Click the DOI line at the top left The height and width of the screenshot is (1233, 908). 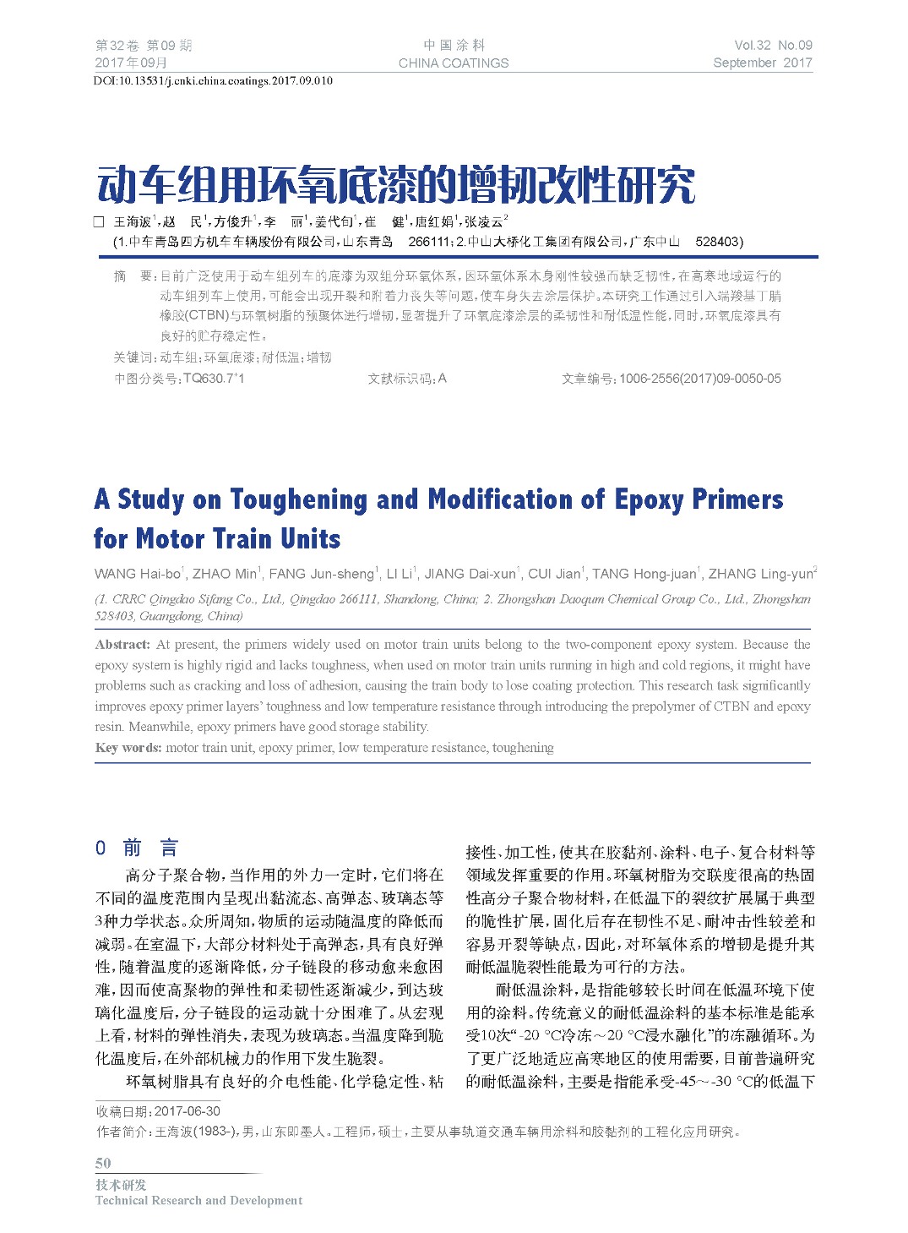[213, 81]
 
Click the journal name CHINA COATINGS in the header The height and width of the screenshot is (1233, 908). [454, 63]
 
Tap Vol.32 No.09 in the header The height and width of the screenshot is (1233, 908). [773, 46]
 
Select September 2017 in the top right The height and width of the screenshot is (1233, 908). [762, 63]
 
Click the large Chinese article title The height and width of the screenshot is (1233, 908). [396, 185]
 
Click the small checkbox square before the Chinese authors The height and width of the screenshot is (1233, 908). [99, 221]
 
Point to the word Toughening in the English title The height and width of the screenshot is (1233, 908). [298, 499]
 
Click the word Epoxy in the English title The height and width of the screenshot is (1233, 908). [649, 499]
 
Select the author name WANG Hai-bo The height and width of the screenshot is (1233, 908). [137, 574]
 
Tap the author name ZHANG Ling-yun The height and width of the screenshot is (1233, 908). [760, 574]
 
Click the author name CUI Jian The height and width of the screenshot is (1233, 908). [554, 574]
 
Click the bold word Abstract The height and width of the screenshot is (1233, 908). [122, 645]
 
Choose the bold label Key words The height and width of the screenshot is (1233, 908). [128, 748]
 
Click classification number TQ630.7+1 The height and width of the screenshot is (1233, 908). [214, 379]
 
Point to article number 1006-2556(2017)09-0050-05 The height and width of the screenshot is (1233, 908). [699, 379]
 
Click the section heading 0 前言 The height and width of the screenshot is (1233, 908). [136, 848]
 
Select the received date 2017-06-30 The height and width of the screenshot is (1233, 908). [187, 1111]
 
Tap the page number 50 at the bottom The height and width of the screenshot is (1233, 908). [103, 1163]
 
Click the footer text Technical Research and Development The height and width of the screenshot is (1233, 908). [198, 1200]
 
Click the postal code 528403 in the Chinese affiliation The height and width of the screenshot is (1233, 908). [718, 242]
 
